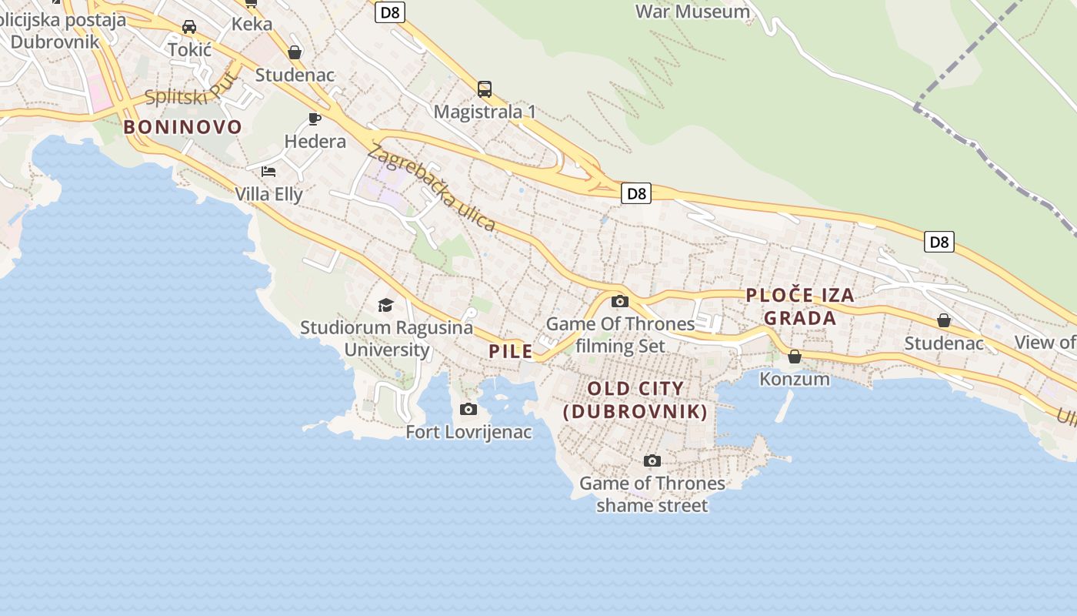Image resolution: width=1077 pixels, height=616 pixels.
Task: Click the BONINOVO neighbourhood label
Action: pos(183,127)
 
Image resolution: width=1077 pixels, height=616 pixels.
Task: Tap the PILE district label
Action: pos(511,351)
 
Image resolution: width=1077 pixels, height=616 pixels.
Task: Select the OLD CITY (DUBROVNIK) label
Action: pos(635,400)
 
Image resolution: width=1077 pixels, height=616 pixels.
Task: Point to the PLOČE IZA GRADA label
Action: pos(800,306)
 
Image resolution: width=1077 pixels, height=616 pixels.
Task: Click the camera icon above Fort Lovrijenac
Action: pos(468,409)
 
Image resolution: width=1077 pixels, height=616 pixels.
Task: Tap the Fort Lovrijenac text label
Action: pos(468,432)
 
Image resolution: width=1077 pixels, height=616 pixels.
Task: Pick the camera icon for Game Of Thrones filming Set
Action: pos(619,301)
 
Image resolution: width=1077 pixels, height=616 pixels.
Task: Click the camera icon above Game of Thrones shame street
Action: pos(652,460)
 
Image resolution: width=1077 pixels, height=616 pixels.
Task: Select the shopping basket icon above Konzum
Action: pos(795,357)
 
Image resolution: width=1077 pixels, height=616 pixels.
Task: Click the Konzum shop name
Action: pos(795,379)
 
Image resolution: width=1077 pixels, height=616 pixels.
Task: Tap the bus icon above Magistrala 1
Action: pos(484,89)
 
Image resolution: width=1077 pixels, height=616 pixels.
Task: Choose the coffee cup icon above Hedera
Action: pos(314,119)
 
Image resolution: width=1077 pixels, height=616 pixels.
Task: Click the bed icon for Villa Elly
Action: pos(268,171)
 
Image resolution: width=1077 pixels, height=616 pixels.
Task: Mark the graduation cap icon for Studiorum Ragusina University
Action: pos(385,306)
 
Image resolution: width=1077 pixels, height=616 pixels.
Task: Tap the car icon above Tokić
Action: pos(189,27)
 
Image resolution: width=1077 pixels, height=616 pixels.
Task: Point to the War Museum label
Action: pos(692,12)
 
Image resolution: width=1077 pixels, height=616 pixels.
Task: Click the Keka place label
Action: pos(252,24)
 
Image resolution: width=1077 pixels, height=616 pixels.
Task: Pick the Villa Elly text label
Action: pos(269,194)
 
